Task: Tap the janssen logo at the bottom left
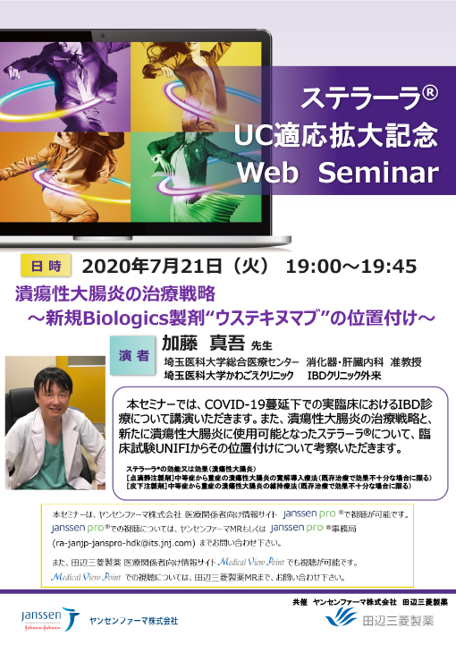[x=43, y=616]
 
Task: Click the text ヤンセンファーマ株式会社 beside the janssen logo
[x=134, y=619]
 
